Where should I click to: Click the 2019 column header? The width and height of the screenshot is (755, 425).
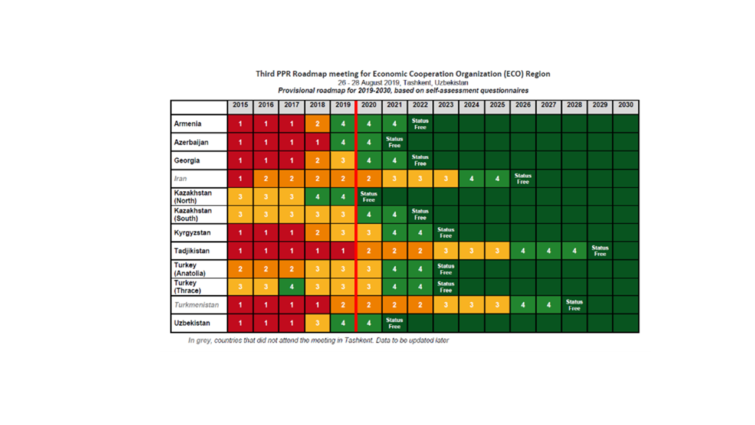pos(342,105)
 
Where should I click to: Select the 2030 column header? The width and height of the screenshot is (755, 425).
pos(626,105)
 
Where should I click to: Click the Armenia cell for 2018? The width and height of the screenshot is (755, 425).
pos(317,124)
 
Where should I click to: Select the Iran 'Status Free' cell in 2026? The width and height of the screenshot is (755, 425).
pos(523,178)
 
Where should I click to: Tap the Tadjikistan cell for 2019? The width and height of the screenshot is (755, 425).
pos(342,251)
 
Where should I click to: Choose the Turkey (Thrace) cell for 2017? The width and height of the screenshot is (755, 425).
pos(291,287)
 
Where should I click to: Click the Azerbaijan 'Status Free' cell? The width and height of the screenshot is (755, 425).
pos(394,142)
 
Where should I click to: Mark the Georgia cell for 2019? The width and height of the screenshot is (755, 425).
pos(342,161)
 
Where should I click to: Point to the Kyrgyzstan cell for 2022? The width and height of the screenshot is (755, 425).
pos(420,233)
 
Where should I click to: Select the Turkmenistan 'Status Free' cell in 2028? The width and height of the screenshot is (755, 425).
pos(574,305)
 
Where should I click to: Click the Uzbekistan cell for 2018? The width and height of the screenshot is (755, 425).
pos(317,323)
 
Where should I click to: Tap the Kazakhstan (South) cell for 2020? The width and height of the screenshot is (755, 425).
pos(369,215)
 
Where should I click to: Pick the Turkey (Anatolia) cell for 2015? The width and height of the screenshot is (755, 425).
pos(240,269)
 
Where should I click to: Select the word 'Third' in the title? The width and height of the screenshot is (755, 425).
pos(266,74)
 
